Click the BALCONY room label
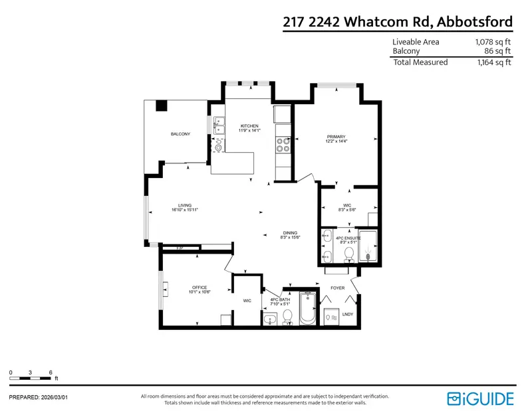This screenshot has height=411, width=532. coord(180,134)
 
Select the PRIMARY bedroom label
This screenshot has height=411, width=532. coord(336,137)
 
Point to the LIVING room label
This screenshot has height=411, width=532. coord(184,205)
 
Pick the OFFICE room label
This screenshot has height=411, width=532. coord(200,287)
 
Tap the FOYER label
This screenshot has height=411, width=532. coord(338,288)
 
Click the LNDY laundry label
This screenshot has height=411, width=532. coord(348,313)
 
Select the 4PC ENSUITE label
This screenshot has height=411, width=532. coord(348,237)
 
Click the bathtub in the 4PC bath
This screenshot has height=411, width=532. coord(307,309)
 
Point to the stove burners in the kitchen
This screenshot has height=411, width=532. coord(284,145)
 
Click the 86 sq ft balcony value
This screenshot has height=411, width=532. coord(496,50)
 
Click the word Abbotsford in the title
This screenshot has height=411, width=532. coord(474,21)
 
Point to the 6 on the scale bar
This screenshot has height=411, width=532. coord(51,372)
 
